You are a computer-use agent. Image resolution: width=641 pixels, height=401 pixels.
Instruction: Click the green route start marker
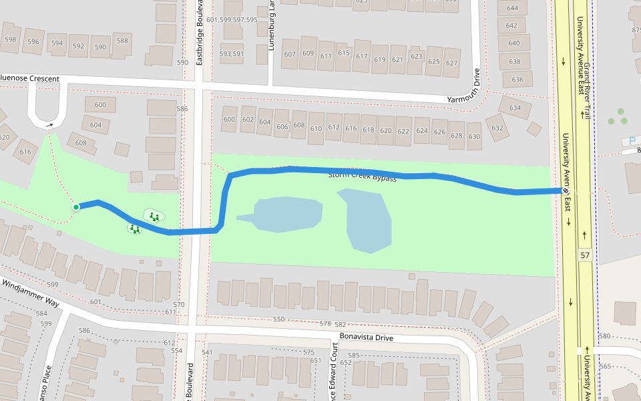(76, 207)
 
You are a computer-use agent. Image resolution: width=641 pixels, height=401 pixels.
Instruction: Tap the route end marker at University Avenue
(565, 190)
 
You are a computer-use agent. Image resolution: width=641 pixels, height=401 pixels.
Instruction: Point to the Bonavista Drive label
(366, 337)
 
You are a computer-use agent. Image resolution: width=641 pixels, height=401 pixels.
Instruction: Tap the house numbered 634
(515, 108)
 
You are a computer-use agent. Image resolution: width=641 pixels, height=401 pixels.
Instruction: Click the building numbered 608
(81, 142)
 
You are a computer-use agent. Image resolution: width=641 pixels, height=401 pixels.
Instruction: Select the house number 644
(512, 9)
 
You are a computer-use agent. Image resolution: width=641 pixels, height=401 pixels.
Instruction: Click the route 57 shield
(585, 255)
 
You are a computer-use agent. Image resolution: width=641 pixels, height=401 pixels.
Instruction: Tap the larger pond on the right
(365, 220)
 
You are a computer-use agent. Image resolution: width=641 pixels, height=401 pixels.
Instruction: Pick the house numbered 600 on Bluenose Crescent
(100, 105)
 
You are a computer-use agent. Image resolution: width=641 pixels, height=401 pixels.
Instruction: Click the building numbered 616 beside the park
(25, 152)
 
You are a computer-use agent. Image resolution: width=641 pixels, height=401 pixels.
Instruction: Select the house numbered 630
(474, 136)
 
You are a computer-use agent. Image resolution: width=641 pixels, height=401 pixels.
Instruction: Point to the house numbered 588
(122, 41)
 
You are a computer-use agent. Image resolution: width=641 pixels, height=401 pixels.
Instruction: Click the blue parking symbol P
(631, 141)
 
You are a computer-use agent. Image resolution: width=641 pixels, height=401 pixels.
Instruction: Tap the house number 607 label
(290, 54)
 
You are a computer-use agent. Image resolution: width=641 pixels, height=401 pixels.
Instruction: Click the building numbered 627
(451, 63)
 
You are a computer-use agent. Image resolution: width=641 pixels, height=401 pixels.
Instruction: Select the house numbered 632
(497, 128)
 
